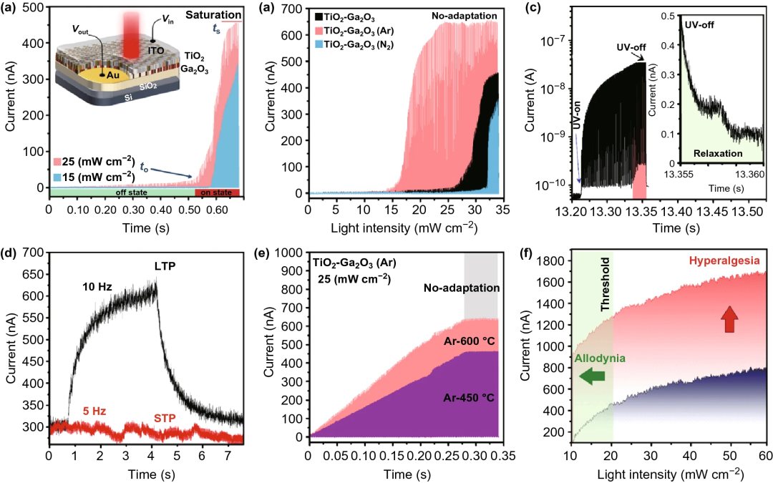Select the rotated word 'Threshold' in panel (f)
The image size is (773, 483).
[604, 287]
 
